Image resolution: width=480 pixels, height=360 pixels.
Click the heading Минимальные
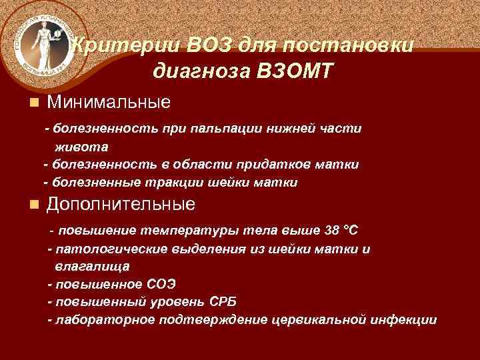click(108, 102)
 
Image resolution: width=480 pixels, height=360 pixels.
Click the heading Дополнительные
click(120, 203)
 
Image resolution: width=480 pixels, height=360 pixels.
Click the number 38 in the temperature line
click(331, 231)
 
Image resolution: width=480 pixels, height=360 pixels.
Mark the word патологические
click(107, 249)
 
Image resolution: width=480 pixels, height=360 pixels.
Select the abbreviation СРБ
click(223, 301)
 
